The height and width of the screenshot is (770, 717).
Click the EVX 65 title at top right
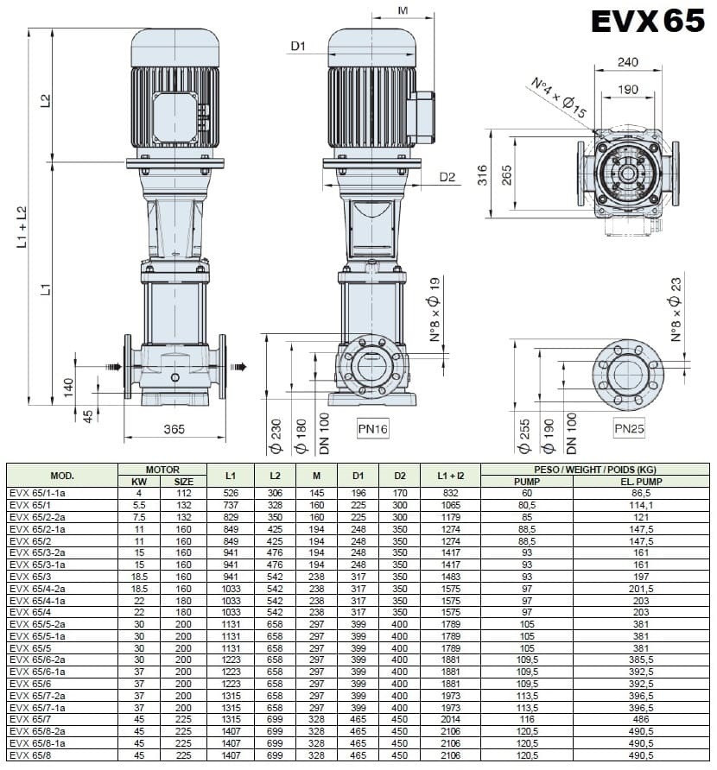tap(648, 21)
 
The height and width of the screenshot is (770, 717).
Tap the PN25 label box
tap(629, 428)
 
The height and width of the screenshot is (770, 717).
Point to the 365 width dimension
tap(174, 429)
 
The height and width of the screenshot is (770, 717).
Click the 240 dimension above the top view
tap(628, 62)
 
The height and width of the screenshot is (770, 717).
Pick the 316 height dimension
tap(483, 176)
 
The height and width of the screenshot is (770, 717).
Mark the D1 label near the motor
tap(299, 47)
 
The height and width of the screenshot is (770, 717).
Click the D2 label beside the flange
tap(447, 177)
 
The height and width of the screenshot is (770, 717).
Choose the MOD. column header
tap(62, 476)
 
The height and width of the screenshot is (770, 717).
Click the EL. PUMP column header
tap(641, 482)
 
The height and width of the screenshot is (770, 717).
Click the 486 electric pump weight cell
tap(641, 716)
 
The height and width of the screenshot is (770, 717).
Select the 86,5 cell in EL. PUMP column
tap(641, 493)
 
